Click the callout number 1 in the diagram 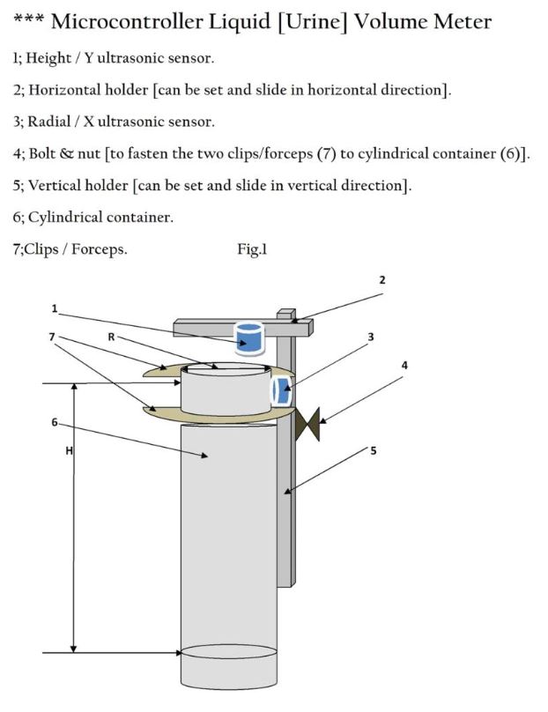(55, 308)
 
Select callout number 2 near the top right (382, 280)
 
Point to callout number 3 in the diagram (371, 337)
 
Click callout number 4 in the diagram (404, 364)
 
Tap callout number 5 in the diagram (373, 450)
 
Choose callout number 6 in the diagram (55, 423)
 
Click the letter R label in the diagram (111, 337)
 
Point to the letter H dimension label (69, 451)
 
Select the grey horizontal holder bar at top (203, 328)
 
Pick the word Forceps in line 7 (98, 249)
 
